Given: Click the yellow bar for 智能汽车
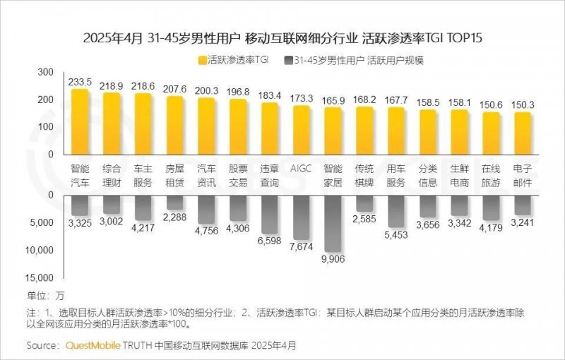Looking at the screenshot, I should (80, 121).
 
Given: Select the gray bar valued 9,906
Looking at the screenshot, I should (333, 222).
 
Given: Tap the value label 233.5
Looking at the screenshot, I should (80, 82).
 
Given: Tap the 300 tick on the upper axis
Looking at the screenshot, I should (44, 72).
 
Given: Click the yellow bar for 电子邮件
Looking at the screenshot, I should (522, 133).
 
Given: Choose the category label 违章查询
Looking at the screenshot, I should (269, 176).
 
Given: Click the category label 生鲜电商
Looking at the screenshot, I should (459, 176).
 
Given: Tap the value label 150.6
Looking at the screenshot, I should (491, 105).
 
